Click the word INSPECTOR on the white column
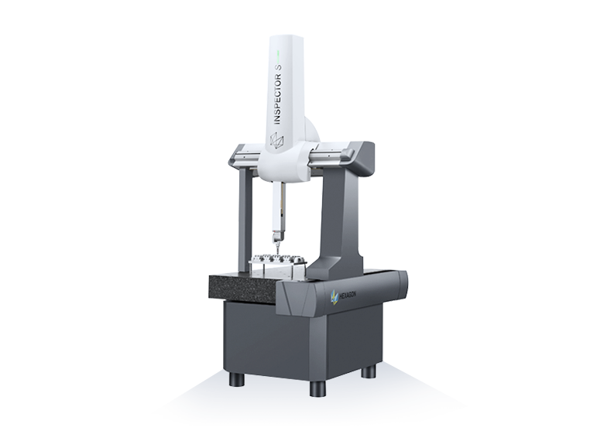pos(277,97)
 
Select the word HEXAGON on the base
pos(348,295)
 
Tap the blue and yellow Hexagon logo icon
pos(334,297)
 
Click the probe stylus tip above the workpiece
pos(276,251)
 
